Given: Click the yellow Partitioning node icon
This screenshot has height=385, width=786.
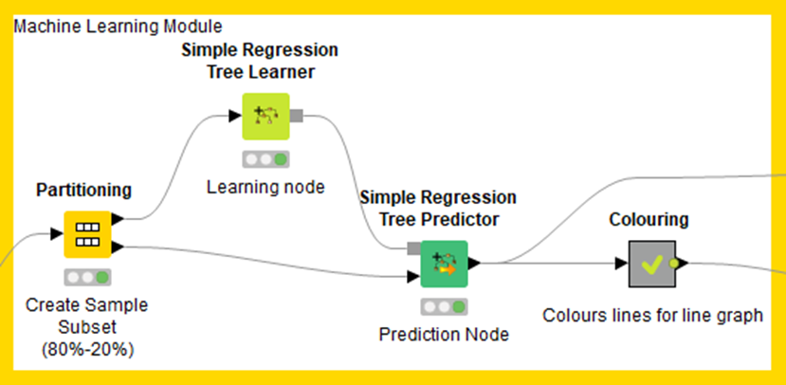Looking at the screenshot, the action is (87, 234).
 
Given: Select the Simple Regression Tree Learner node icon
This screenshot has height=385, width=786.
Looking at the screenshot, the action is (265, 116).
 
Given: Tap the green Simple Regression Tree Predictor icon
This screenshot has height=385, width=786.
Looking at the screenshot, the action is (444, 264).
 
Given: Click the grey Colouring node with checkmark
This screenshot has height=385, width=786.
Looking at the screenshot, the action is (652, 264).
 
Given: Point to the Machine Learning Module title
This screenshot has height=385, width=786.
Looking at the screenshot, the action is (118, 26).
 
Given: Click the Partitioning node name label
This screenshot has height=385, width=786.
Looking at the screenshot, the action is (84, 190).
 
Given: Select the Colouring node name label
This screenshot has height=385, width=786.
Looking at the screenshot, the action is (649, 220).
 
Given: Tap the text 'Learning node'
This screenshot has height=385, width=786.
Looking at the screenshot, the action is (265, 187).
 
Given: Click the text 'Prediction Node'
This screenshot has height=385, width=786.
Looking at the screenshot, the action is (444, 335).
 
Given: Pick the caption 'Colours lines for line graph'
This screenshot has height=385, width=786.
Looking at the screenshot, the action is (652, 316).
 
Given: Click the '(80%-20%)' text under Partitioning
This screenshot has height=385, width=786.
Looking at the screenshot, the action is (87, 350).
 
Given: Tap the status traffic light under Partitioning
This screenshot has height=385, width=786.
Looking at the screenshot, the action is (87, 277).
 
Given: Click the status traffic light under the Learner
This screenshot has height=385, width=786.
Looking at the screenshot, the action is (265, 159).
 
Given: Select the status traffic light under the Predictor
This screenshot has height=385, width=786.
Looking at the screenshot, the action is (444, 307).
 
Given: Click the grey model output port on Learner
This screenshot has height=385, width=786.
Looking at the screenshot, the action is (296, 116).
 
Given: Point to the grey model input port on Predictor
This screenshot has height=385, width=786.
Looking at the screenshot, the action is (414, 248).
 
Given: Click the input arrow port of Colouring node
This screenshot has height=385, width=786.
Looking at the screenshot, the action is (622, 263).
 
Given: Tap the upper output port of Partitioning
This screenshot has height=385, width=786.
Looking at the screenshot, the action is (118, 219).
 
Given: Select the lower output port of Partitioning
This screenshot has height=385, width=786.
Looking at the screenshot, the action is (118, 247).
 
